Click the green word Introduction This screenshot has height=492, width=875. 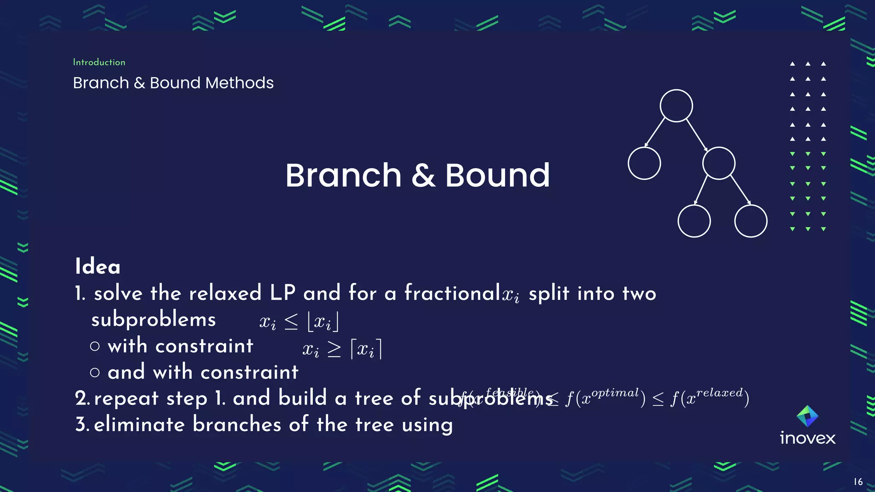[99, 62]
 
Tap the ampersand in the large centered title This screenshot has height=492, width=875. [423, 176]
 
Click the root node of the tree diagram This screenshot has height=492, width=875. [676, 106]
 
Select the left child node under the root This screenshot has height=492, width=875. [644, 163]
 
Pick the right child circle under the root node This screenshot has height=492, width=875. [719, 163]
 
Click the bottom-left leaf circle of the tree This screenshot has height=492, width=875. [694, 221]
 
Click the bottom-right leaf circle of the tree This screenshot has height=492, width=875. [751, 221]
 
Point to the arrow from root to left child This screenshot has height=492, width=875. [655, 132]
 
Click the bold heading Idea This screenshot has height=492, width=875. [98, 266]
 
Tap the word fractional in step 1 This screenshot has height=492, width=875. [452, 293]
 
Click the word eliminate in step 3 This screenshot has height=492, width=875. [139, 425]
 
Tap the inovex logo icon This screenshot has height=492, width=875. [807, 416]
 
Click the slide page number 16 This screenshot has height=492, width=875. [858, 482]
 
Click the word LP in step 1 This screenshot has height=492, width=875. [282, 293]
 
